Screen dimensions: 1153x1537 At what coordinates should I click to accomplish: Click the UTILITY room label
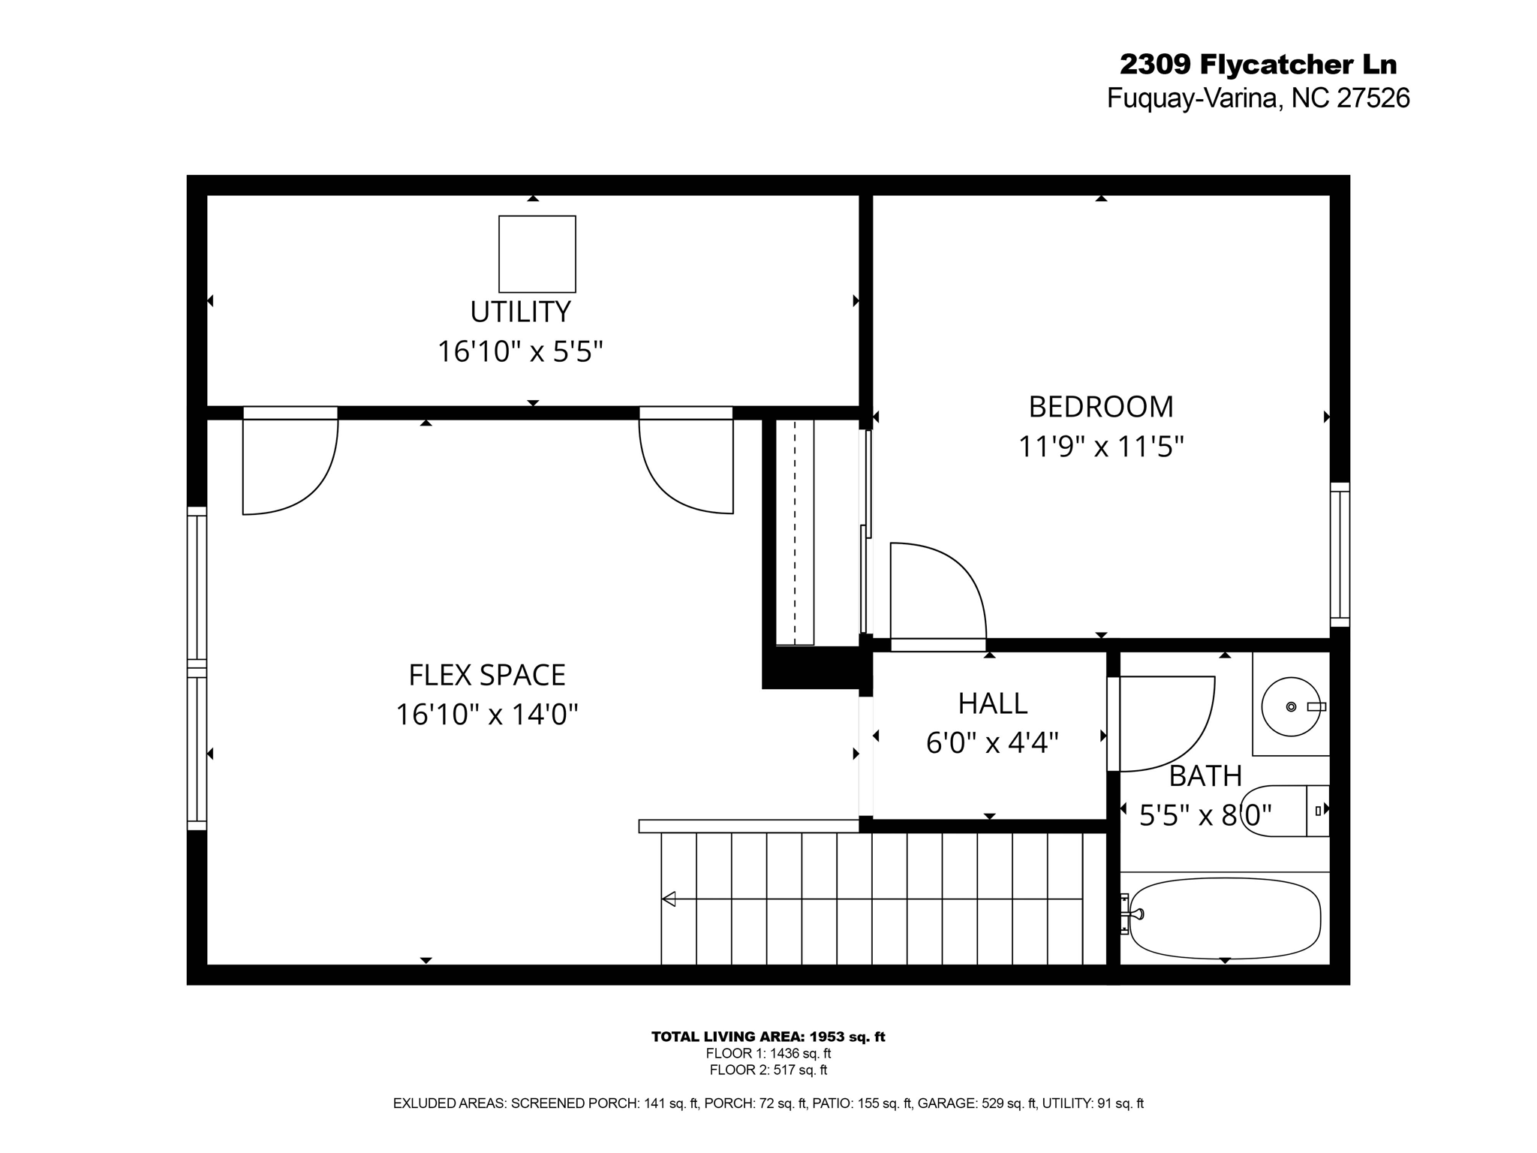pos(520,312)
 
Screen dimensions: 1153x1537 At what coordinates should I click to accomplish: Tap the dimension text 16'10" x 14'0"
pos(486,715)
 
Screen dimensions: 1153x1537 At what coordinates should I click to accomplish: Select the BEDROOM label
pos(1100,407)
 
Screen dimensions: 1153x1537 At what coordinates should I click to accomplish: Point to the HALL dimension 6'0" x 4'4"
pos(991,743)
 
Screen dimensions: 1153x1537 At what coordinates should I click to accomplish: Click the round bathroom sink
pos(1290,706)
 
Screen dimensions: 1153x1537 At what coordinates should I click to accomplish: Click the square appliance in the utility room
pos(537,254)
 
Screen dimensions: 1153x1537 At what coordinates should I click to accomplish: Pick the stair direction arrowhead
pos(669,899)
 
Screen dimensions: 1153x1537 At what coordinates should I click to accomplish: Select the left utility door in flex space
pos(290,465)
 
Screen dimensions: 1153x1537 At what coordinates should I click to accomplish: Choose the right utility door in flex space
pos(686,465)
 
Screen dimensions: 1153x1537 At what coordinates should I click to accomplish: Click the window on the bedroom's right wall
pos(1340,554)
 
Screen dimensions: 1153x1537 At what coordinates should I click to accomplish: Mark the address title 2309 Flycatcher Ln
pos(1258,65)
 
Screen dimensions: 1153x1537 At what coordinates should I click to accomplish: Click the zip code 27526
pos(1373,98)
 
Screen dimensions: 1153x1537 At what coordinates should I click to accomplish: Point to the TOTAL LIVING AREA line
pos(768,1037)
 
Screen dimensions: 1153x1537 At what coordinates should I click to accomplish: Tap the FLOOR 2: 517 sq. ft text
pos(768,1070)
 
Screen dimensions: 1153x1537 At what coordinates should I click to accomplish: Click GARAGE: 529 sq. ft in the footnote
pos(976,1103)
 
